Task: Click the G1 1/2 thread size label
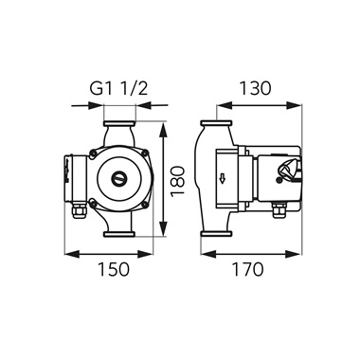(x=118, y=89)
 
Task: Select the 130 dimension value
(x=256, y=88)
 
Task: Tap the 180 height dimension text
(x=177, y=180)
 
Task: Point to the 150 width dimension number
(x=114, y=269)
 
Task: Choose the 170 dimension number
(x=247, y=269)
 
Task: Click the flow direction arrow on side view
(x=222, y=179)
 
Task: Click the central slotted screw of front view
(x=118, y=178)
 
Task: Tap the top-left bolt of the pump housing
(x=93, y=153)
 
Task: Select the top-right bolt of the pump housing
(x=145, y=153)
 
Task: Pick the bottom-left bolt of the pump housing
(x=93, y=205)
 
